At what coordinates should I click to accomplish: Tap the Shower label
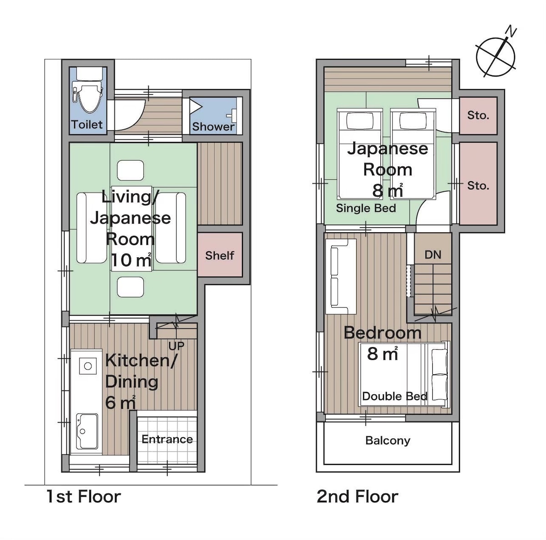[213, 127]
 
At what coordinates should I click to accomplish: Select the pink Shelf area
[220, 255]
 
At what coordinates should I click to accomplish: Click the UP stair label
[176, 346]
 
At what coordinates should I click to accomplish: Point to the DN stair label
[433, 255]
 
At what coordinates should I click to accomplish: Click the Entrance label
[167, 439]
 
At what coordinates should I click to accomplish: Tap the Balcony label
[388, 441]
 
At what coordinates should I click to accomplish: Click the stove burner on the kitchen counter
[87, 366]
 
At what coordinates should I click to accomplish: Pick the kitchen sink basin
[86, 431]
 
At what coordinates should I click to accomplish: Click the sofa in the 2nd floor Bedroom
[341, 276]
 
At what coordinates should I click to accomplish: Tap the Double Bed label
[394, 397]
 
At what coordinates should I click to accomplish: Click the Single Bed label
[366, 209]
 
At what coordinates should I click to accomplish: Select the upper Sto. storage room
[478, 116]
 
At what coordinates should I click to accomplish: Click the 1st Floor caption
[83, 497]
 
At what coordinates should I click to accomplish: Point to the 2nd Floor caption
[357, 497]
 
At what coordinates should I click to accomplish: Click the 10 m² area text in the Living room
[131, 260]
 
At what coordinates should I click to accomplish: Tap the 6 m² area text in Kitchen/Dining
[120, 402]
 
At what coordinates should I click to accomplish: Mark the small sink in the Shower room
[233, 114]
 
